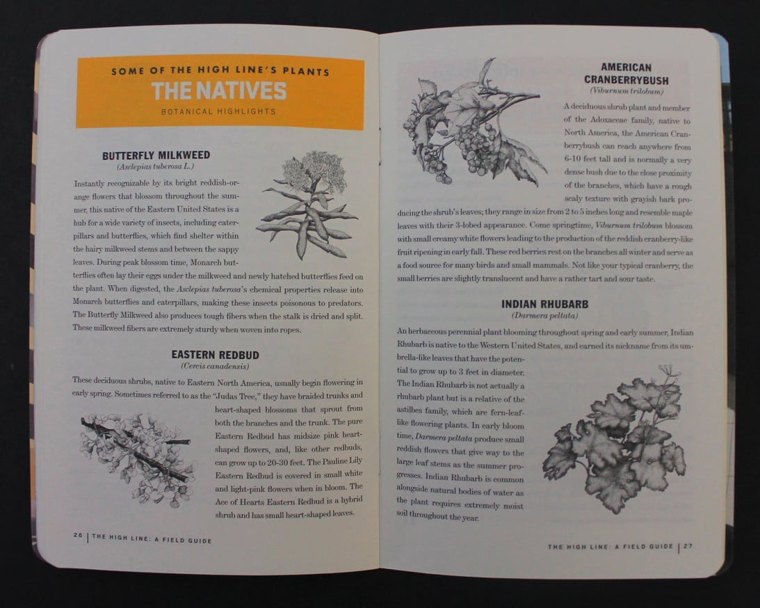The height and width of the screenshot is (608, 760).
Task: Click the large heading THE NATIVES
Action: pyautogui.click(x=218, y=91)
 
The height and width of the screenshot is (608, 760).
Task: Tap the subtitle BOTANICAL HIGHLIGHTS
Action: pyautogui.click(x=218, y=111)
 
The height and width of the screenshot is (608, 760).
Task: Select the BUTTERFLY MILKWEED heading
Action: pyautogui.click(x=156, y=156)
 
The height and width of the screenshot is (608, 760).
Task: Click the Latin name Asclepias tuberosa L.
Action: pyautogui.click(x=156, y=167)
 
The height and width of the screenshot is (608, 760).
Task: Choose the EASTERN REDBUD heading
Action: pyautogui.click(x=215, y=355)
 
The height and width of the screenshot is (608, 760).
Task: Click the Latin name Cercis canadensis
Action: pyautogui.click(x=215, y=366)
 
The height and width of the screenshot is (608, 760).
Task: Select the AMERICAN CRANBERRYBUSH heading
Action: pyautogui.click(x=626, y=74)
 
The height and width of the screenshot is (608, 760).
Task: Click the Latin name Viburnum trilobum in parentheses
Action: pyautogui.click(x=626, y=91)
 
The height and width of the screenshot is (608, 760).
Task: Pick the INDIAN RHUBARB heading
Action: pyautogui.click(x=544, y=304)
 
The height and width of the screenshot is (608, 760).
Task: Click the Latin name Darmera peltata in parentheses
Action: pyautogui.click(x=544, y=315)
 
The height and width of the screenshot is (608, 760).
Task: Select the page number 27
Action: pyautogui.click(x=688, y=546)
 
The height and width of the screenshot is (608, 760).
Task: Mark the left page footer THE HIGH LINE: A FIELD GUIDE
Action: pyautogui.click(x=152, y=539)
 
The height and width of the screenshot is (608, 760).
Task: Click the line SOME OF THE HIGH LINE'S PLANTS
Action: pyautogui.click(x=220, y=72)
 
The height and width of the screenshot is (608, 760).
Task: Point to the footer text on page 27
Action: pyautogui.click(x=610, y=547)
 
